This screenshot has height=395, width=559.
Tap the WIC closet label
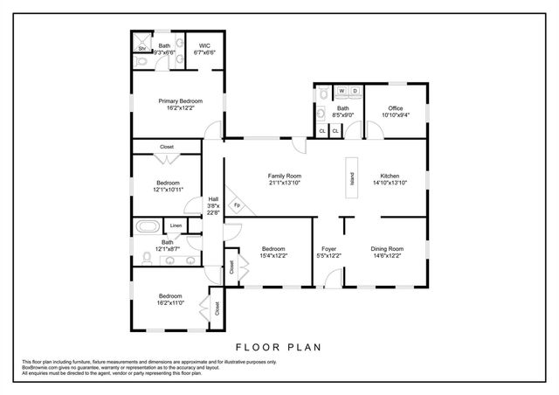(204, 45)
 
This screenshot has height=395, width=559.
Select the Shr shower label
(141, 49)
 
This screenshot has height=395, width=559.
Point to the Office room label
(395, 107)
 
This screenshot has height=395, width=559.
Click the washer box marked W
(342, 91)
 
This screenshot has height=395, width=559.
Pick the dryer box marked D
(355, 91)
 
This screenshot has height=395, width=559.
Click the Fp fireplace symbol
(237, 205)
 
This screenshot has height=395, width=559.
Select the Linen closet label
(176, 225)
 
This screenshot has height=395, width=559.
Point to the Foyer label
(328, 248)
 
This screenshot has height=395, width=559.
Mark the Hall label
(212, 199)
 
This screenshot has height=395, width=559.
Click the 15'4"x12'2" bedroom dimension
(273, 256)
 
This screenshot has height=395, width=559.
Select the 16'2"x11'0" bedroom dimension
(170, 303)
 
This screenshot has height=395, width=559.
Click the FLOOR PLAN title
(279, 346)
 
